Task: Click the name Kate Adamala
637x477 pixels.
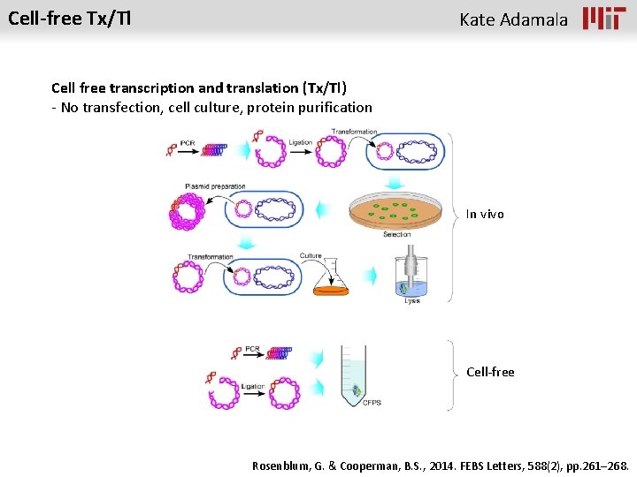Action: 513,19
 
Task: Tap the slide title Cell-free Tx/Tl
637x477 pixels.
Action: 69,18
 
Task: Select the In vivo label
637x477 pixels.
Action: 485,214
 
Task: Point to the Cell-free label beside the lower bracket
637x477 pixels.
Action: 490,372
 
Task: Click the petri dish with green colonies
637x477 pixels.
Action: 395,211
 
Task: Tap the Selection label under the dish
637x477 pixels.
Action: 396,234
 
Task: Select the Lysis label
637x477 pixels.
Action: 412,301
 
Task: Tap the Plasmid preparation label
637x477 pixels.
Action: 215,186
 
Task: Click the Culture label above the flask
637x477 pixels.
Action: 311,256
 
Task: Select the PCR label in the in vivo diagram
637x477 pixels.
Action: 188,143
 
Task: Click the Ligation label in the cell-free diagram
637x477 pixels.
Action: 252,386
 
